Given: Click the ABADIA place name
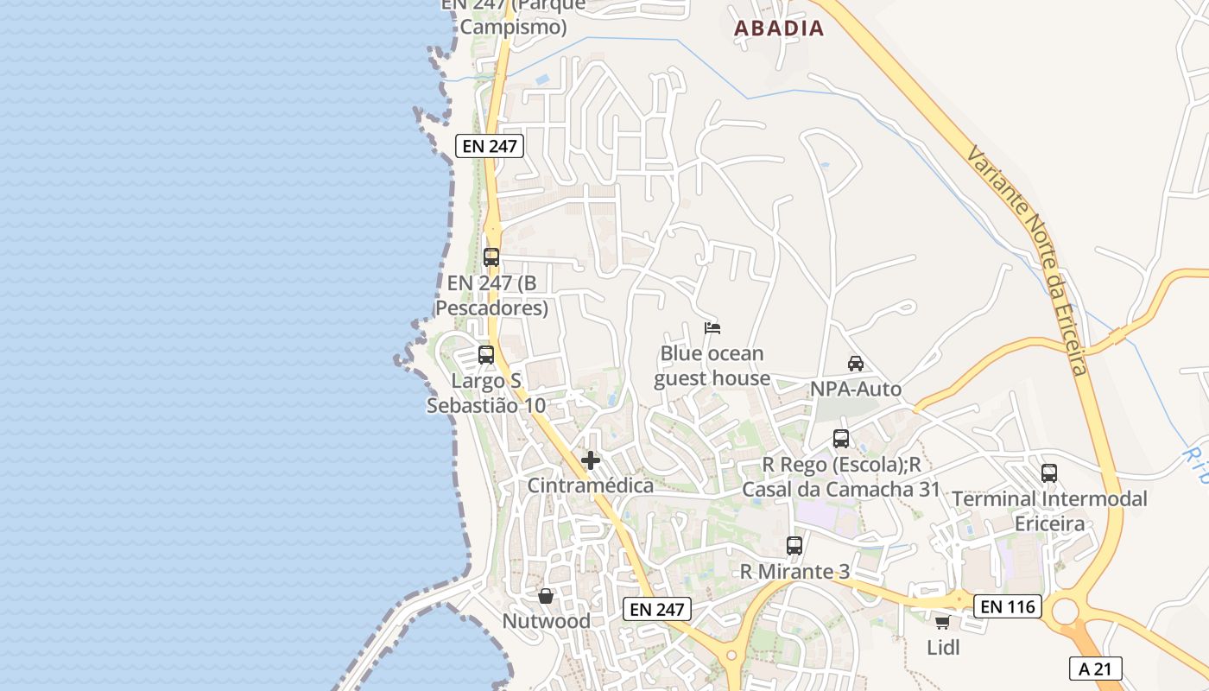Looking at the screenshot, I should tap(779, 28).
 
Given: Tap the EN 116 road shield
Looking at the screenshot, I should tap(1008, 606).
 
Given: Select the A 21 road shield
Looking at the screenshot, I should tap(1096, 668).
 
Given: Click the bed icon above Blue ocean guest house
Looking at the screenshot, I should tap(712, 328).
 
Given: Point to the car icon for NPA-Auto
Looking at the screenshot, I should tap(856, 364).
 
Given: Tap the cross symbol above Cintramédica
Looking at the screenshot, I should tap(591, 460).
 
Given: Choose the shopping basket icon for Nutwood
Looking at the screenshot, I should tap(546, 596).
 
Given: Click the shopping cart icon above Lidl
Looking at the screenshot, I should tap(942, 622).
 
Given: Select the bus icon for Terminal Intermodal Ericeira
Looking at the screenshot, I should tap(1049, 473).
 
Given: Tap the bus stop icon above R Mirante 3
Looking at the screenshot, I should tap(794, 546).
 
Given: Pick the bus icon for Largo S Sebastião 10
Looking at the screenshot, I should tap(486, 355).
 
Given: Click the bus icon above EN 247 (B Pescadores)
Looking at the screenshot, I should tap(491, 257).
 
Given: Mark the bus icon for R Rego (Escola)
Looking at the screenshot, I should tap(841, 439).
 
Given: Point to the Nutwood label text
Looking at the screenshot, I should tap(547, 621).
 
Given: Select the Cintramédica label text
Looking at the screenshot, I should tap(591, 485).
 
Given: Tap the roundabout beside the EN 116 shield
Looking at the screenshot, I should tap(1066, 612).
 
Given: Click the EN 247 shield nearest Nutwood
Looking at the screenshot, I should tap(657, 609).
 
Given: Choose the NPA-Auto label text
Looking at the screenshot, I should tap(856, 389).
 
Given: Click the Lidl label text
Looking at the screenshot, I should tap(943, 647).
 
